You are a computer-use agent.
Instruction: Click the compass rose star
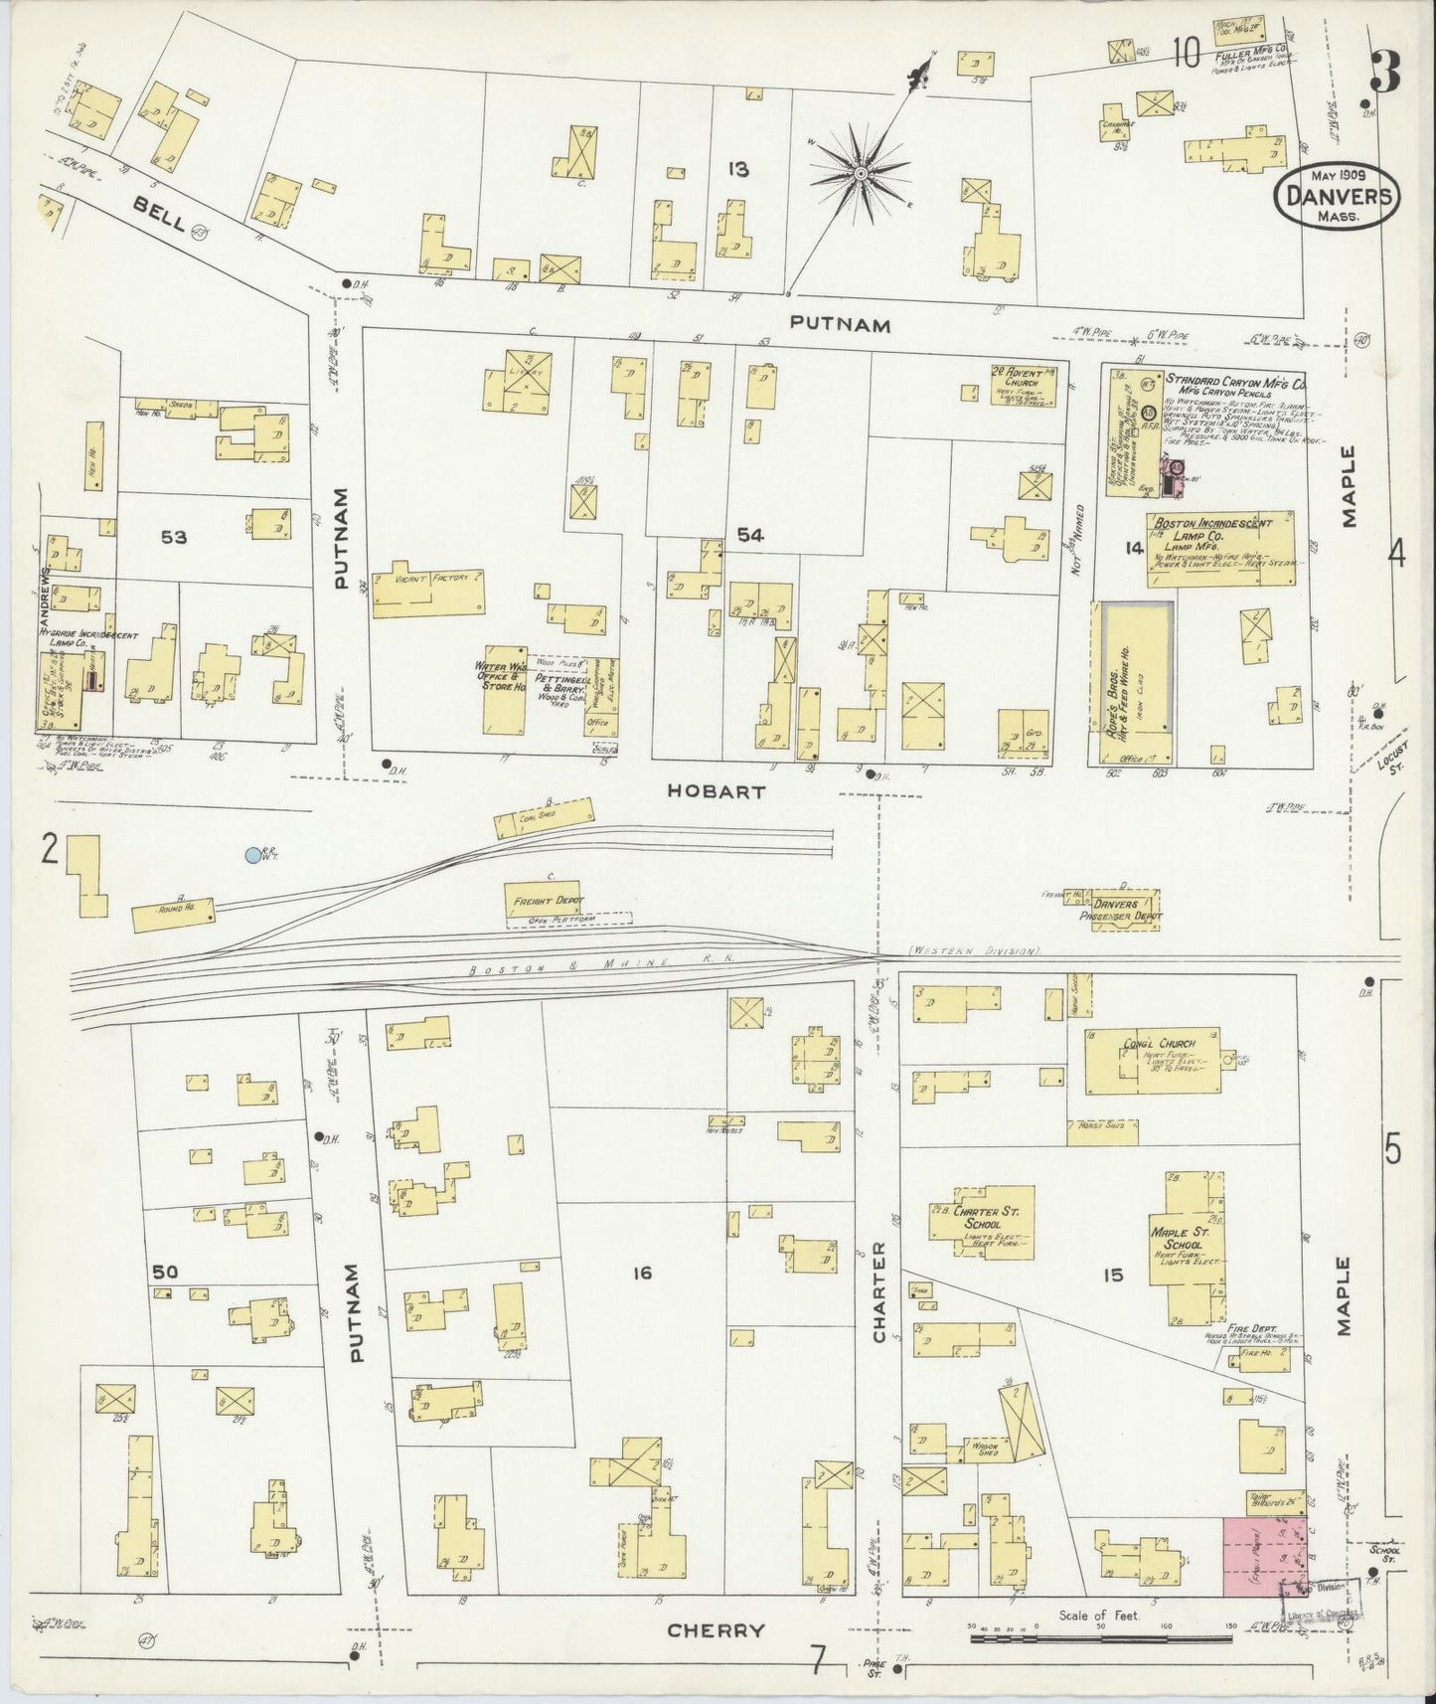click(x=861, y=173)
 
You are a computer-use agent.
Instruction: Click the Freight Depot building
click(x=546, y=900)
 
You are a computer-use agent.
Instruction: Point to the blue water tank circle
click(x=254, y=854)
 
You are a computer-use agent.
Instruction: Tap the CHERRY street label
click(x=716, y=1630)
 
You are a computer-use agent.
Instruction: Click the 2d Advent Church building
click(x=1020, y=389)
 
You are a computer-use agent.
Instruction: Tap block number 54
click(x=749, y=536)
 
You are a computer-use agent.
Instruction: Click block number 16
click(x=642, y=1272)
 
